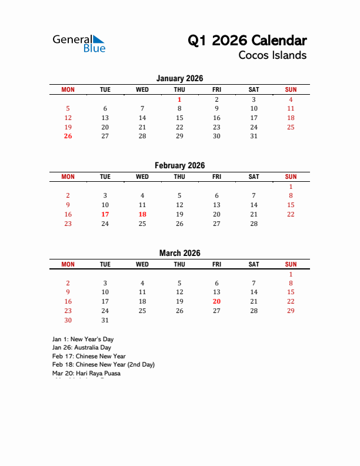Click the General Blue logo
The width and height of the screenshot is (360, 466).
[x=79, y=43]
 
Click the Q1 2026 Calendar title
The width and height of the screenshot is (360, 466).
[x=247, y=41]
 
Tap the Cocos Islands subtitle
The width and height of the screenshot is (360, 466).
[x=272, y=56]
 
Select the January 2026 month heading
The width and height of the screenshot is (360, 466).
[x=179, y=78]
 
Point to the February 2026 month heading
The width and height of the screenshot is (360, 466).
[x=179, y=166]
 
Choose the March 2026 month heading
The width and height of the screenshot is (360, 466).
[x=179, y=254]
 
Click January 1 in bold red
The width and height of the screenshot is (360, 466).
[x=179, y=99]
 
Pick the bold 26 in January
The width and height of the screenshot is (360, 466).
[x=68, y=136]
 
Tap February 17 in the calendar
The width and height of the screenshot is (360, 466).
[x=105, y=214]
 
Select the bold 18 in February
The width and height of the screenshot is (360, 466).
[x=142, y=214]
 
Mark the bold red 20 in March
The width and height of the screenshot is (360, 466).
[x=216, y=301]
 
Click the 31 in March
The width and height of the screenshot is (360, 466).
[x=105, y=320]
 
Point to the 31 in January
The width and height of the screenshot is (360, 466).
[x=254, y=136]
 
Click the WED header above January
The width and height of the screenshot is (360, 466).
[x=142, y=89]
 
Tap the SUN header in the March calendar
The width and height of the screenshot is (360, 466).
[x=291, y=265]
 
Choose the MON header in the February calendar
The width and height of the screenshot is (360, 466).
[x=68, y=177]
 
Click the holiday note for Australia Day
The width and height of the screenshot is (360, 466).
[x=81, y=348]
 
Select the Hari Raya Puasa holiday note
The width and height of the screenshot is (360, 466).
[x=86, y=373]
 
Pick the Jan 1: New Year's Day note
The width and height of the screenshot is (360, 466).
[x=82, y=339]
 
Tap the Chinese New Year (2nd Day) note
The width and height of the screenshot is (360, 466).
[x=103, y=365]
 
